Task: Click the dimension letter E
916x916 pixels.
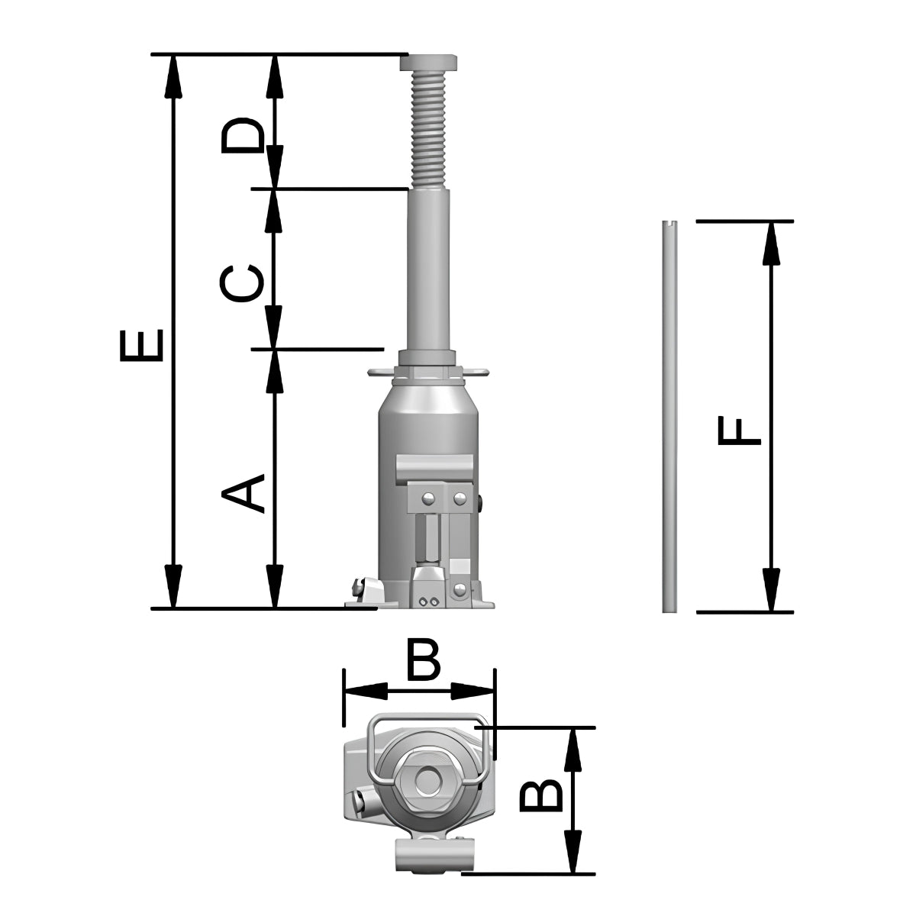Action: (142, 344)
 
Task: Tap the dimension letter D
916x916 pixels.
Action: (243, 135)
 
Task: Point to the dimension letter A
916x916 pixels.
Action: (243, 493)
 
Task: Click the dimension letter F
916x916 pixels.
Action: (739, 431)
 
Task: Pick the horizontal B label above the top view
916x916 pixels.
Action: (424, 661)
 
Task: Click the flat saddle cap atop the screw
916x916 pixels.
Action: (429, 63)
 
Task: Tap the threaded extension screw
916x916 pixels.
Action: (428, 129)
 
